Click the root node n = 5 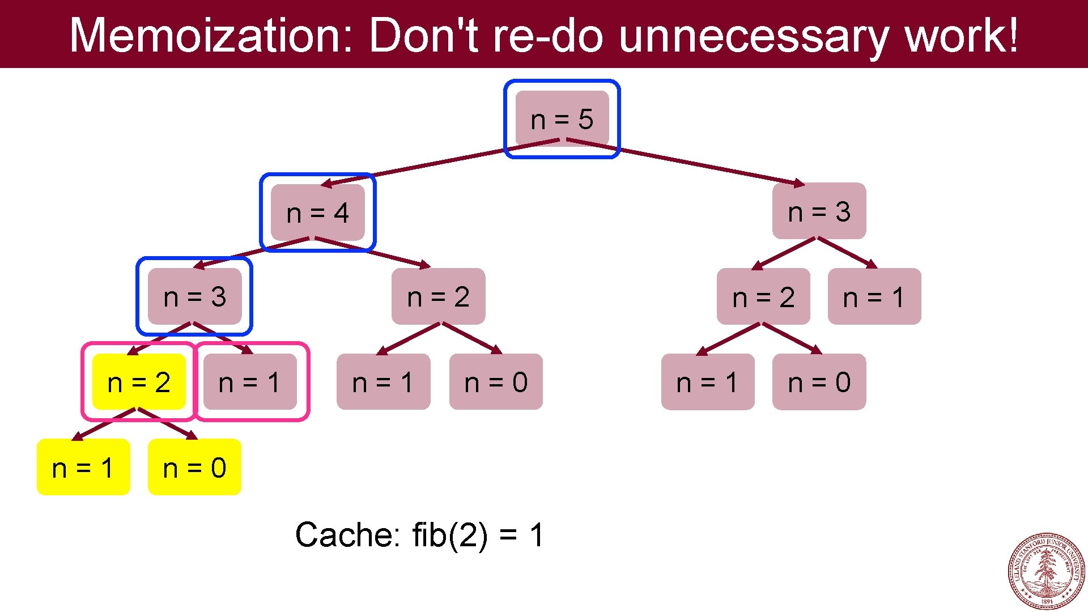(562, 119)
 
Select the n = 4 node (317, 212)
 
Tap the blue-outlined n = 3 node (194, 296)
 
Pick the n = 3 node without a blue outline (819, 211)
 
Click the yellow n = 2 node (139, 382)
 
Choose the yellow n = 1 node (83, 467)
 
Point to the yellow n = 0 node (194, 467)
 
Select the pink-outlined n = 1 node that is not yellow (250, 382)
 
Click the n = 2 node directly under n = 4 (438, 296)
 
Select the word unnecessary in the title (754, 35)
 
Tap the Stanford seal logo (1046, 571)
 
